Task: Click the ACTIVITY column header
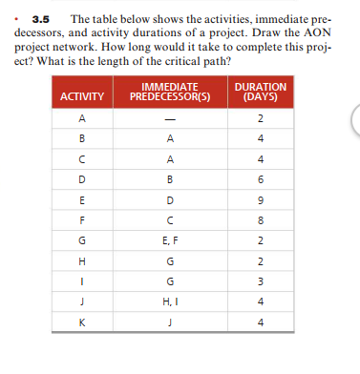[x=82, y=96]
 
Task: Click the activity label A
[x=82, y=118]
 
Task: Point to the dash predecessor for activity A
[x=169, y=118]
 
